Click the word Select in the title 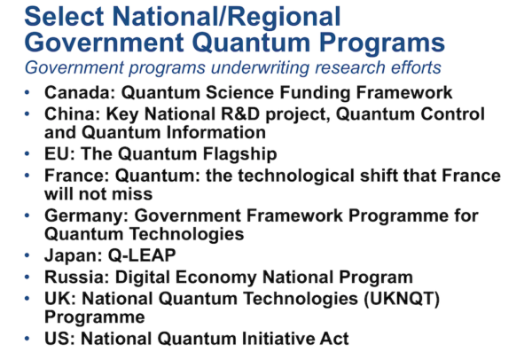click(x=64, y=16)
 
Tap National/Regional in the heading click(x=226, y=16)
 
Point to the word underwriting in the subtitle click(x=260, y=67)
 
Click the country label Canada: click(x=80, y=92)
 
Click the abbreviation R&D click(x=240, y=114)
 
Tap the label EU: click(x=59, y=153)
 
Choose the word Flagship click(x=240, y=154)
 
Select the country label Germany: click(x=86, y=215)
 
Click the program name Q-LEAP click(x=142, y=255)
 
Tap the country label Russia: click(x=77, y=277)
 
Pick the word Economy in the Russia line click(x=215, y=278)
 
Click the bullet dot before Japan click(x=27, y=255)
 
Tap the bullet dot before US click(x=27, y=339)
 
